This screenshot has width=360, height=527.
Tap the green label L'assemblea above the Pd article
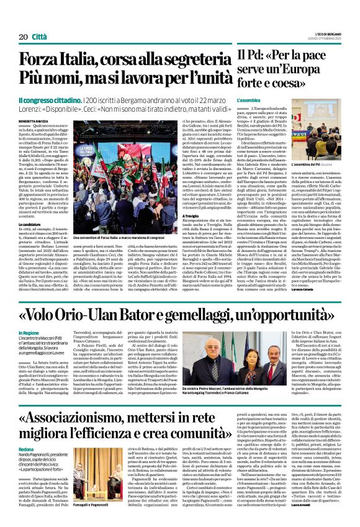(x=249, y=100)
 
